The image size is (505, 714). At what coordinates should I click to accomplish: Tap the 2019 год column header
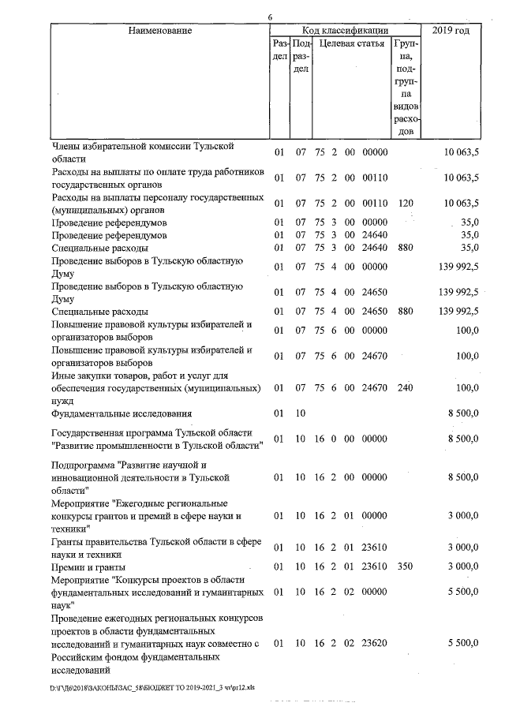click(451, 31)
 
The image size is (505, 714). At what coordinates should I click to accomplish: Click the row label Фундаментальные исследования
click(122, 413)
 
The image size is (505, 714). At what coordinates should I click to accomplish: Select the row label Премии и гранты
click(88, 566)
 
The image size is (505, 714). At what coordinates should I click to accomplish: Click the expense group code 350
click(406, 566)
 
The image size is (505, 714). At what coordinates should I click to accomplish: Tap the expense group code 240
click(406, 387)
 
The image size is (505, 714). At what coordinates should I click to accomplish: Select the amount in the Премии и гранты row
click(462, 566)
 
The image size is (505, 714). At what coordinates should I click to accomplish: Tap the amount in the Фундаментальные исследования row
click(462, 413)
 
